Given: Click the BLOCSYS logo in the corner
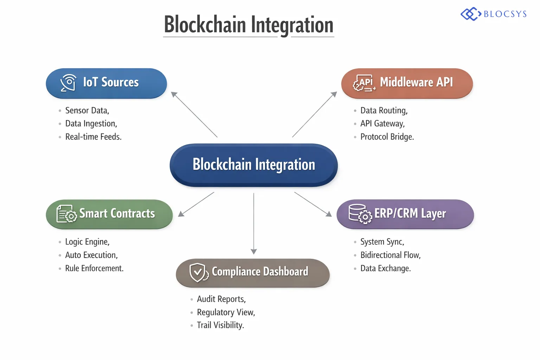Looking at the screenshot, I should [494, 14].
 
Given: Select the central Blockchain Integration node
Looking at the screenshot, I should [253, 165].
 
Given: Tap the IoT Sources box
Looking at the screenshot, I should [106, 83].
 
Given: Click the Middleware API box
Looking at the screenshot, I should [407, 83].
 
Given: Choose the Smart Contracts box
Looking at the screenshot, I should [109, 214].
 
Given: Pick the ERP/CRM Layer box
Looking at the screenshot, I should [405, 214].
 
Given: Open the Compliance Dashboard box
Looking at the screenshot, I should [252, 272].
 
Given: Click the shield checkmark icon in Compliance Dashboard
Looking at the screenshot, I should [198, 272].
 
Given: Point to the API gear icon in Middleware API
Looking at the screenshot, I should [364, 83].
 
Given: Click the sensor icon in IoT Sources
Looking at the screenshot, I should [68, 83].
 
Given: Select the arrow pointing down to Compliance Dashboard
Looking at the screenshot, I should [253, 223].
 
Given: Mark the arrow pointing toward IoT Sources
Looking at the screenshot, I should [194, 114].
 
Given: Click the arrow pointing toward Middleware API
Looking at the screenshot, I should [315, 114].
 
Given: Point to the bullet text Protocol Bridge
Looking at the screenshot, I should [387, 137].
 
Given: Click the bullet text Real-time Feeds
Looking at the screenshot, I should [93, 137].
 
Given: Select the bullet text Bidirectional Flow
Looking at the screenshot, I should [390, 255].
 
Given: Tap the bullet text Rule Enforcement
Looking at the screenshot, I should [94, 269].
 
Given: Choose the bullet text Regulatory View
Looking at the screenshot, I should [226, 312].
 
